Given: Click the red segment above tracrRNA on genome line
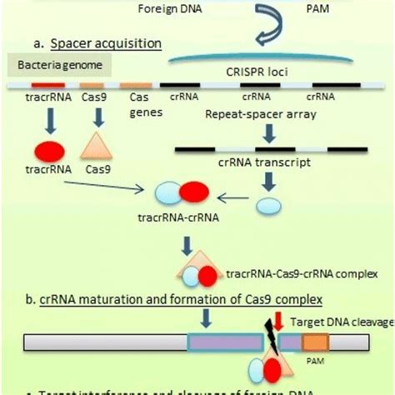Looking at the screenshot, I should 47,85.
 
